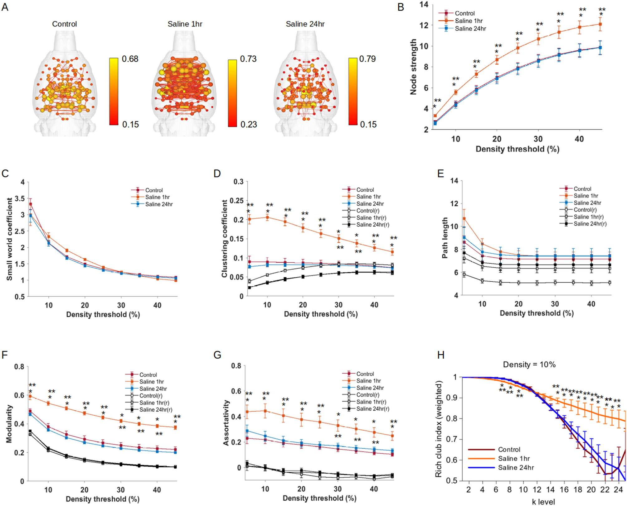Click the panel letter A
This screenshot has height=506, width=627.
click(x=5, y=7)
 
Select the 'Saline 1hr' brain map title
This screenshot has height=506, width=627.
click(x=185, y=24)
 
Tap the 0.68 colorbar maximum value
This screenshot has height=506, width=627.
click(x=130, y=59)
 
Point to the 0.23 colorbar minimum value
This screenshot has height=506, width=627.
click(x=249, y=124)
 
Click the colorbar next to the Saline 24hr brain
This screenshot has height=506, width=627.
click(x=352, y=91)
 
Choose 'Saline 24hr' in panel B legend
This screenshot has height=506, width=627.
click(x=470, y=29)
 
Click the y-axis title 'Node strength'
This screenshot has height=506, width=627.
click(x=413, y=67)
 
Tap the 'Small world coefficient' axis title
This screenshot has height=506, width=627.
click(x=10, y=239)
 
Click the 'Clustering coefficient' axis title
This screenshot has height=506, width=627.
click(x=224, y=239)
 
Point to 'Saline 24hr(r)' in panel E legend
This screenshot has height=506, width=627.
click(x=590, y=224)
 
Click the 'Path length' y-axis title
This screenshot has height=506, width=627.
click(x=445, y=238)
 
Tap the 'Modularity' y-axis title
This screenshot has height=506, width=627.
click(x=9, y=424)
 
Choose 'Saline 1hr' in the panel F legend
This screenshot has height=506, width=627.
click(x=151, y=382)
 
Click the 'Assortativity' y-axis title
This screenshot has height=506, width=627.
click(x=226, y=423)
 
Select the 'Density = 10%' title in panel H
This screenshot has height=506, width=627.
click(x=529, y=365)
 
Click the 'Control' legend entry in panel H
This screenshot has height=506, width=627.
click(x=509, y=450)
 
